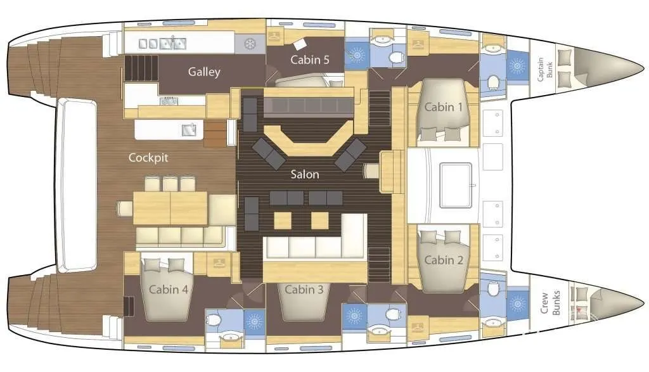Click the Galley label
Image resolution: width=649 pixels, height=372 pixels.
(204, 72)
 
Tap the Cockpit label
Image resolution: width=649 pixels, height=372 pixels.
(148, 158)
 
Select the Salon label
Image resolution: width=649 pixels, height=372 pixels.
(305, 174)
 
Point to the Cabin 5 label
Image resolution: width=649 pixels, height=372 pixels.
(309, 60)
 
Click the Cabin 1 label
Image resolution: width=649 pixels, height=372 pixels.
(443, 107)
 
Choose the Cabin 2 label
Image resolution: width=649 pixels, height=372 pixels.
(444, 260)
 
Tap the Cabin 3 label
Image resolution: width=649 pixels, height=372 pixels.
(304, 289)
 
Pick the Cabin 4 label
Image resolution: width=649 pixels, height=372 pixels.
(169, 289)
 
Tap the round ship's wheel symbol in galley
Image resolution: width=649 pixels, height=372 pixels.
(250, 44)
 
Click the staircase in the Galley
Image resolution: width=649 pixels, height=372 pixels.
(141, 68)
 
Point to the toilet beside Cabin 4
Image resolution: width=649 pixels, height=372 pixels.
(214, 320)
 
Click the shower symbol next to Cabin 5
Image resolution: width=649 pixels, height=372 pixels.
(356, 54)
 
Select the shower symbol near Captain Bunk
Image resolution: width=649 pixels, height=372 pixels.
(517, 65)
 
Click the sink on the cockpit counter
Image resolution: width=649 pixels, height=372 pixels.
(189, 130)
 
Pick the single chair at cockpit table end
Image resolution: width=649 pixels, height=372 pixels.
(124, 208)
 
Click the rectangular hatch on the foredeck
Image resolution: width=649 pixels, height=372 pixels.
(456, 185)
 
